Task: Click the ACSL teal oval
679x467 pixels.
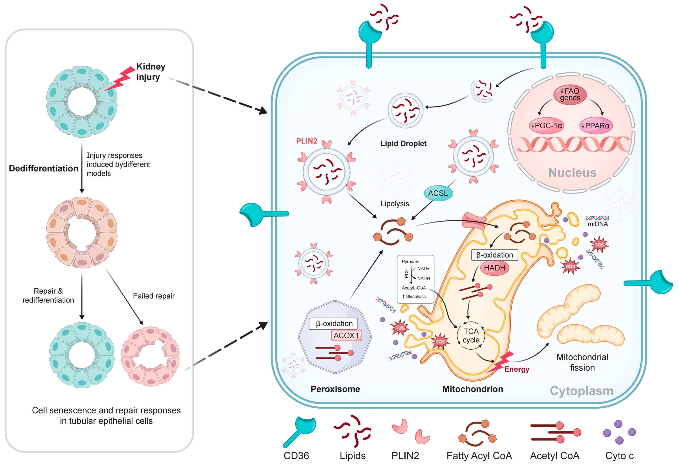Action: [438, 193]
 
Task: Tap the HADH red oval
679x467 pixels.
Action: [494, 268]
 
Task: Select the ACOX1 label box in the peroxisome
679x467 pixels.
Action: [346, 335]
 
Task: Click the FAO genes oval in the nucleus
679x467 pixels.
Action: [570, 95]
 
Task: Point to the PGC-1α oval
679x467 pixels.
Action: [546, 126]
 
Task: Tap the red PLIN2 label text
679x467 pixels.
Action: [306, 141]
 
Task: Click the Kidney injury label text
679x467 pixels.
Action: [151, 72]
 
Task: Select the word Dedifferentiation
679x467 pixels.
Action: [44, 169]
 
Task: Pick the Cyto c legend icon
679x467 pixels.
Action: [619, 432]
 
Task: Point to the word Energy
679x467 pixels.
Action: [516, 369]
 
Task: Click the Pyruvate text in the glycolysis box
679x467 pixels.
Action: [410, 262]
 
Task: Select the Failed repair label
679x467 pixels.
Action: [154, 296]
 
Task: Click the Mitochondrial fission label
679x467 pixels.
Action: [582, 362]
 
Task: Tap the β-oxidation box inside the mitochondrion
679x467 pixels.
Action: [495, 255]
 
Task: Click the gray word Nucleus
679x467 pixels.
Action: [572, 173]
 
